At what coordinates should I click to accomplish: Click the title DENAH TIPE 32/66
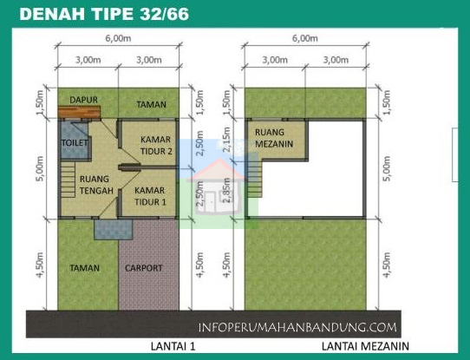103,15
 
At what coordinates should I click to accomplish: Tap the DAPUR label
83,99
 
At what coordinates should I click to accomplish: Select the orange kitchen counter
80,110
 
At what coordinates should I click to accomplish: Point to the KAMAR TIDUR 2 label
157,145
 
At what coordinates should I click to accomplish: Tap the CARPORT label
143,268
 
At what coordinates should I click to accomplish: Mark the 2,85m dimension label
227,190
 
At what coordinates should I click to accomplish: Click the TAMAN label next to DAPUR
151,104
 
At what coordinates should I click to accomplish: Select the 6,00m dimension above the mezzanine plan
305,39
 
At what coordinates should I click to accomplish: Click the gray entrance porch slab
111,229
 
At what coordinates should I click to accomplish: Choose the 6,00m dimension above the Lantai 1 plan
118,39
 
